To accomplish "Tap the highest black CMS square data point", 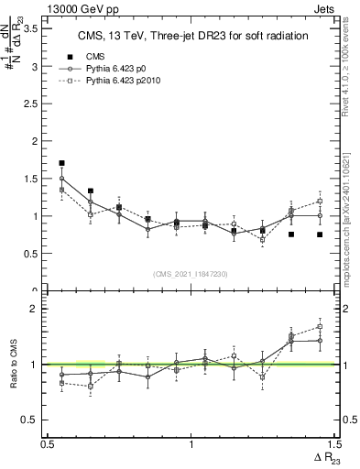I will [61, 163].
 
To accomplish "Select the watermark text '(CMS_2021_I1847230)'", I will [191, 274].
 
